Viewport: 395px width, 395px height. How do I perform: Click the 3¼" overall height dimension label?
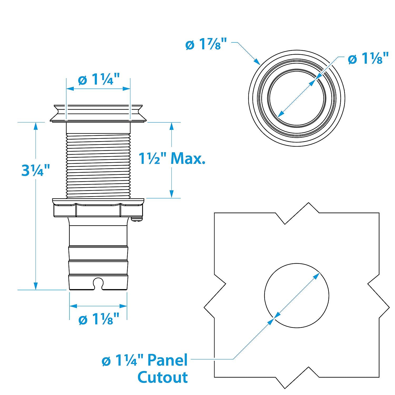tap(36, 170)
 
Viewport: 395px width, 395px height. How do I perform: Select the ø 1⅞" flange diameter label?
tap(206, 45)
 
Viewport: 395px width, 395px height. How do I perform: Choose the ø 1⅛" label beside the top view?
tap(368, 58)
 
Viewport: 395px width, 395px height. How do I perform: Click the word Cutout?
tap(163, 377)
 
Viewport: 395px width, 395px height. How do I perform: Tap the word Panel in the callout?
tap(167, 360)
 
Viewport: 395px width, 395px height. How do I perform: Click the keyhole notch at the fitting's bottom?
tap(98, 283)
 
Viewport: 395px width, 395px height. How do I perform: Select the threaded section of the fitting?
tap(98, 165)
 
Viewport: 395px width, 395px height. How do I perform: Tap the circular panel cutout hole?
tap(297, 295)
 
